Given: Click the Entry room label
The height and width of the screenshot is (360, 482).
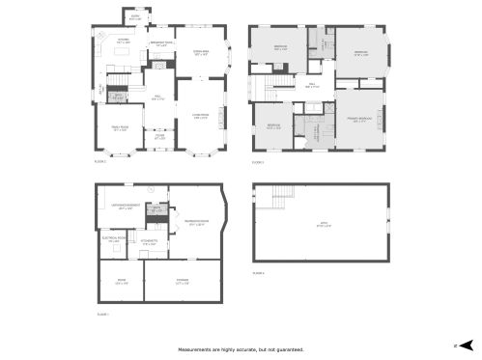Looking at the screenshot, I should point(134,16).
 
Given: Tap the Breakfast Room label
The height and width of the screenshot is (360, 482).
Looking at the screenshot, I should point(161,43).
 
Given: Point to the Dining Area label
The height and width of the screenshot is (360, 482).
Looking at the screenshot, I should point(202,53).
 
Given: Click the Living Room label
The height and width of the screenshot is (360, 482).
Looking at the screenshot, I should point(201,118).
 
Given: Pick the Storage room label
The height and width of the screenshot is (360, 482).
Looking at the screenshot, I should point(182,282).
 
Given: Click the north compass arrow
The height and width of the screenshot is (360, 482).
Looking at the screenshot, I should point(466,344).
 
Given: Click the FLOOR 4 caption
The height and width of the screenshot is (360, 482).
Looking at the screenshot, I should point(258,274).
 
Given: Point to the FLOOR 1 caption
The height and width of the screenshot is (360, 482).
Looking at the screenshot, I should point(102,315).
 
